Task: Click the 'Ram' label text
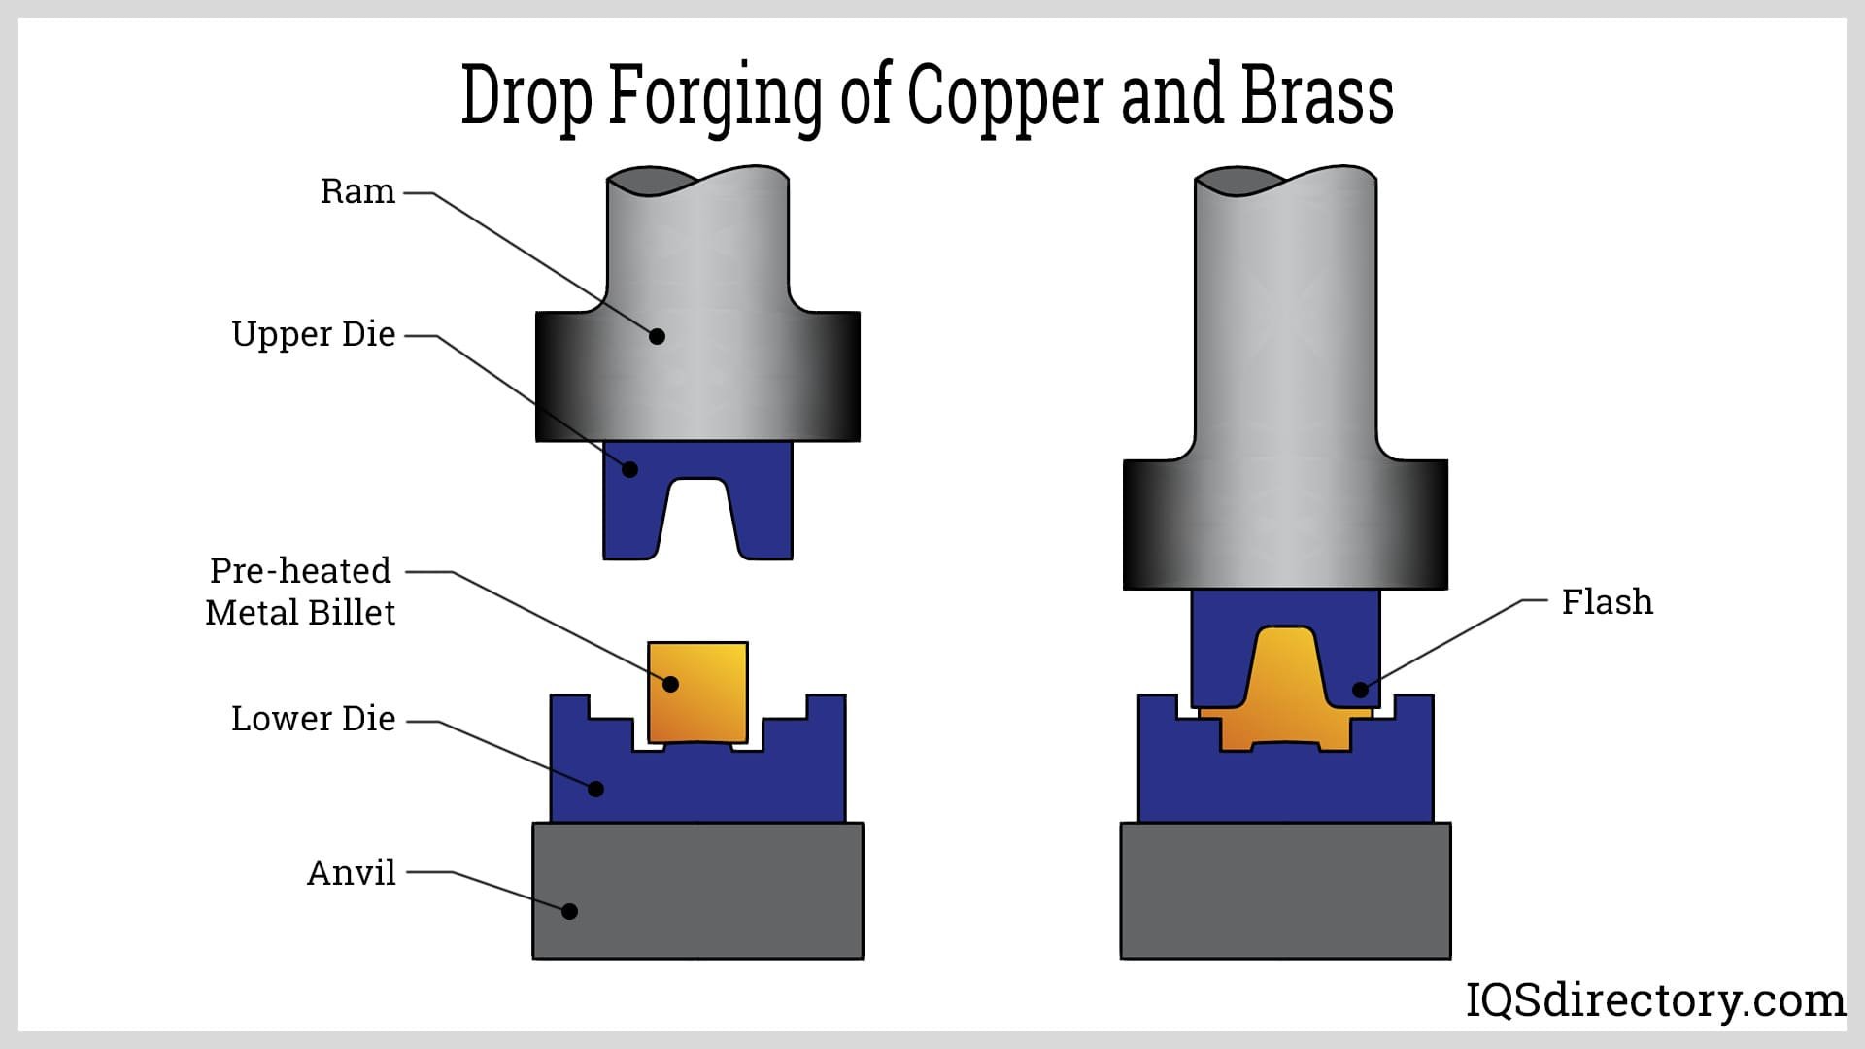pyautogui.click(x=357, y=191)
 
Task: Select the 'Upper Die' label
pyautogui.click(x=313, y=334)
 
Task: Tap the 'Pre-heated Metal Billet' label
pyautogui.click(x=300, y=592)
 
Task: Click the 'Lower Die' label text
pyautogui.click(x=313, y=719)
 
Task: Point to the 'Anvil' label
pyautogui.click(x=351, y=873)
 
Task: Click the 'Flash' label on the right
pyautogui.click(x=1607, y=602)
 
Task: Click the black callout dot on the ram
pyautogui.click(x=657, y=336)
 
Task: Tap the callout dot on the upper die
pyautogui.click(x=629, y=470)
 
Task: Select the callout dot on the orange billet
pyautogui.click(x=670, y=684)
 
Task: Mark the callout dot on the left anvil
pyautogui.click(x=570, y=911)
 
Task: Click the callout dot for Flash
pyautogui.click(x=1360, y=690)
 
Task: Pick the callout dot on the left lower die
pyautogui.click(x=596, y=789)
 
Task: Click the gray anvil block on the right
pyautogui.click(x=1285, y=891)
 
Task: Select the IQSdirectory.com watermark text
pyautogui.click(x=1654, y=1000)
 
